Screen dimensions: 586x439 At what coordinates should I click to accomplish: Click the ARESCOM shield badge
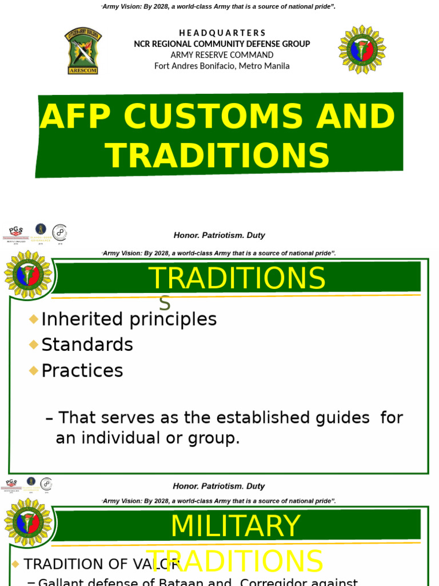click(83, 50)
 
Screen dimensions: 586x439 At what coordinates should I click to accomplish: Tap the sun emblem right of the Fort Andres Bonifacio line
click(362, 49)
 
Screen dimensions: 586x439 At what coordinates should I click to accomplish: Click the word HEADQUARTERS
click(222, 33)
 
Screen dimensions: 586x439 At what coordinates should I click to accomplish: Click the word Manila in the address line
click(276, 66)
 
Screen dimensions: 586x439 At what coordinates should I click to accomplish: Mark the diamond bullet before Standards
click(34, 344)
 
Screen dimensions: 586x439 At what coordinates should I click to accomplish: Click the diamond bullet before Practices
click(34, 370)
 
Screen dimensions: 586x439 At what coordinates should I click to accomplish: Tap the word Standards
click(87, 345)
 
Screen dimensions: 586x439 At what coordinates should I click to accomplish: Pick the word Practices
click(82, 371)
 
